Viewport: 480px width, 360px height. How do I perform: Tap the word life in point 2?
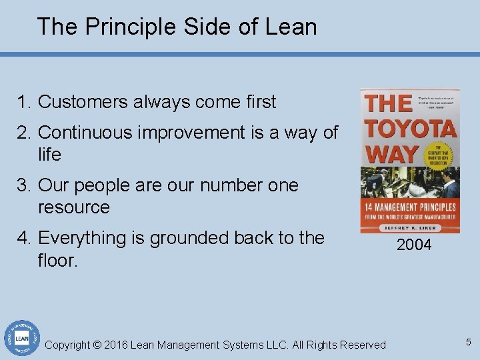pyautogui.click(x=50, y=155)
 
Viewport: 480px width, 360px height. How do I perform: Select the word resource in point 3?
pyautogui.click(x=74, y=207)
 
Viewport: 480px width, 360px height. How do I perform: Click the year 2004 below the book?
pyautogui.click(x=414, y=245)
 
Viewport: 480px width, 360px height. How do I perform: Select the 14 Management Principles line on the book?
pyautogui.click(x=409, y=207)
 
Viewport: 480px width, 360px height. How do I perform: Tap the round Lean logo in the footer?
pyautogui.click(x=21, y=337)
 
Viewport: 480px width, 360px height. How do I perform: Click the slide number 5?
pyautogui.click(x=469, y=342)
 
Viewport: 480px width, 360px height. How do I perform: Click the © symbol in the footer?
pyautogui.click(x=97, y=345)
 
